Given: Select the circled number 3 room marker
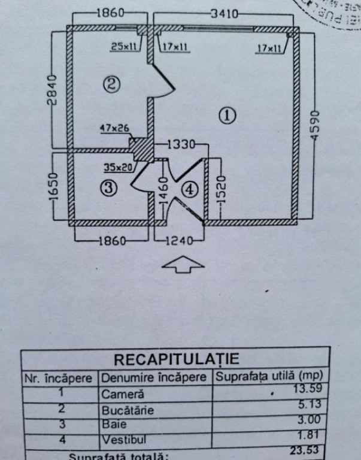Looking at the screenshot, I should point(108,188).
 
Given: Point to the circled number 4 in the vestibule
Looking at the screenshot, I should point(189,189).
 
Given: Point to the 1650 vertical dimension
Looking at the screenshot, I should point(52,188).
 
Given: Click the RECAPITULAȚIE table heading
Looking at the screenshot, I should point(176,359).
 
